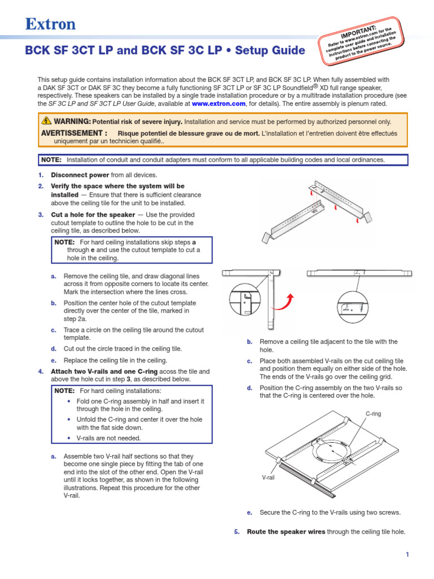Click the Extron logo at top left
[50, 24]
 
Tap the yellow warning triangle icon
[46, 121]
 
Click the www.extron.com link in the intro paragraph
[218, 104]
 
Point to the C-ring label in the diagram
[373, 414]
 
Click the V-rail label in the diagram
[268, 477]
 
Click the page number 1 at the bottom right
[406, 555]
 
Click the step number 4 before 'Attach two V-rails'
[40, 371]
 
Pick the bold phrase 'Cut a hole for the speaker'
[93, 215]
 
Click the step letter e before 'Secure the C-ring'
[249, 512]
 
